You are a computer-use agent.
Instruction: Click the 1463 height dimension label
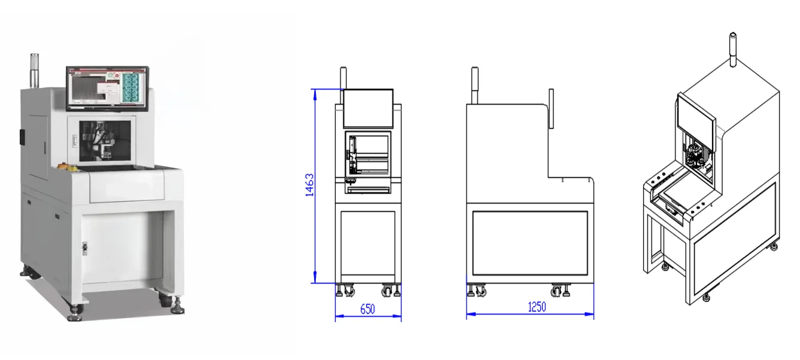(309, 185)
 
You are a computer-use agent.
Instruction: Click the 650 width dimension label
(367, 309)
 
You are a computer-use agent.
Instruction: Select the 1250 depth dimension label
(537, 307)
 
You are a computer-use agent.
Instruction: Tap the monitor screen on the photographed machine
(107, 87)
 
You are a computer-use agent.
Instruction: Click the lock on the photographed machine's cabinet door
(84, 246)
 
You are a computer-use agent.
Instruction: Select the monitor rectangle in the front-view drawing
(368, 108)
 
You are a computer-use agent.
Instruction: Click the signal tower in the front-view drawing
(343, 78)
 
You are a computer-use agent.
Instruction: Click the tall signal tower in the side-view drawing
(474, 84)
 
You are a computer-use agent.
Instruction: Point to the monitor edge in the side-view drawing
(551, 108)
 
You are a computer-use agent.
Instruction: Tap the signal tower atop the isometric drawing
(732, 48)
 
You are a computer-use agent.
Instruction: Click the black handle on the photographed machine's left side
(22, 136)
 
